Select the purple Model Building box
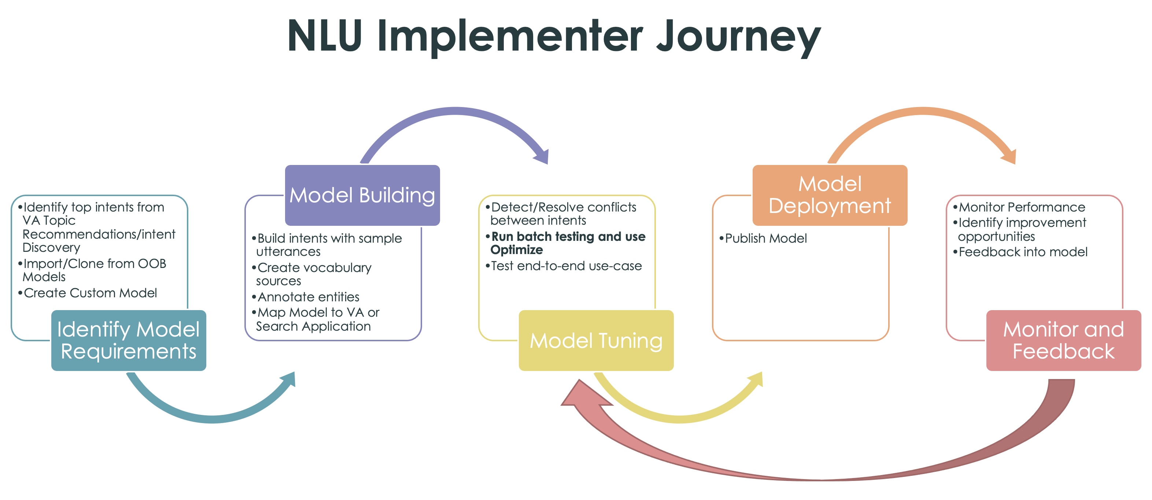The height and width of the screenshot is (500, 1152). [362, 195]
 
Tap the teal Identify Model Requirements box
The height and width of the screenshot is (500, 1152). [128, 340]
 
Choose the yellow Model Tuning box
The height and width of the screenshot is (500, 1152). [596, 340]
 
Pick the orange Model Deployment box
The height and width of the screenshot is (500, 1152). [830, 195]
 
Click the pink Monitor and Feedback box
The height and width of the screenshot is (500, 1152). [1063, 340]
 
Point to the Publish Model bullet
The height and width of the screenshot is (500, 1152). [765, 238]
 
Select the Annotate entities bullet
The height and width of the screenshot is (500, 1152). [308, 297]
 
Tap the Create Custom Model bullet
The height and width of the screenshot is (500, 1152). [90, 293]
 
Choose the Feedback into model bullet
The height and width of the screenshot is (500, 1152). [1022, 252]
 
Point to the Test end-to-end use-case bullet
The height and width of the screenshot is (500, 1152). [566, 266]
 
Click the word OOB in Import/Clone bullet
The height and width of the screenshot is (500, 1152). [152, 264]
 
